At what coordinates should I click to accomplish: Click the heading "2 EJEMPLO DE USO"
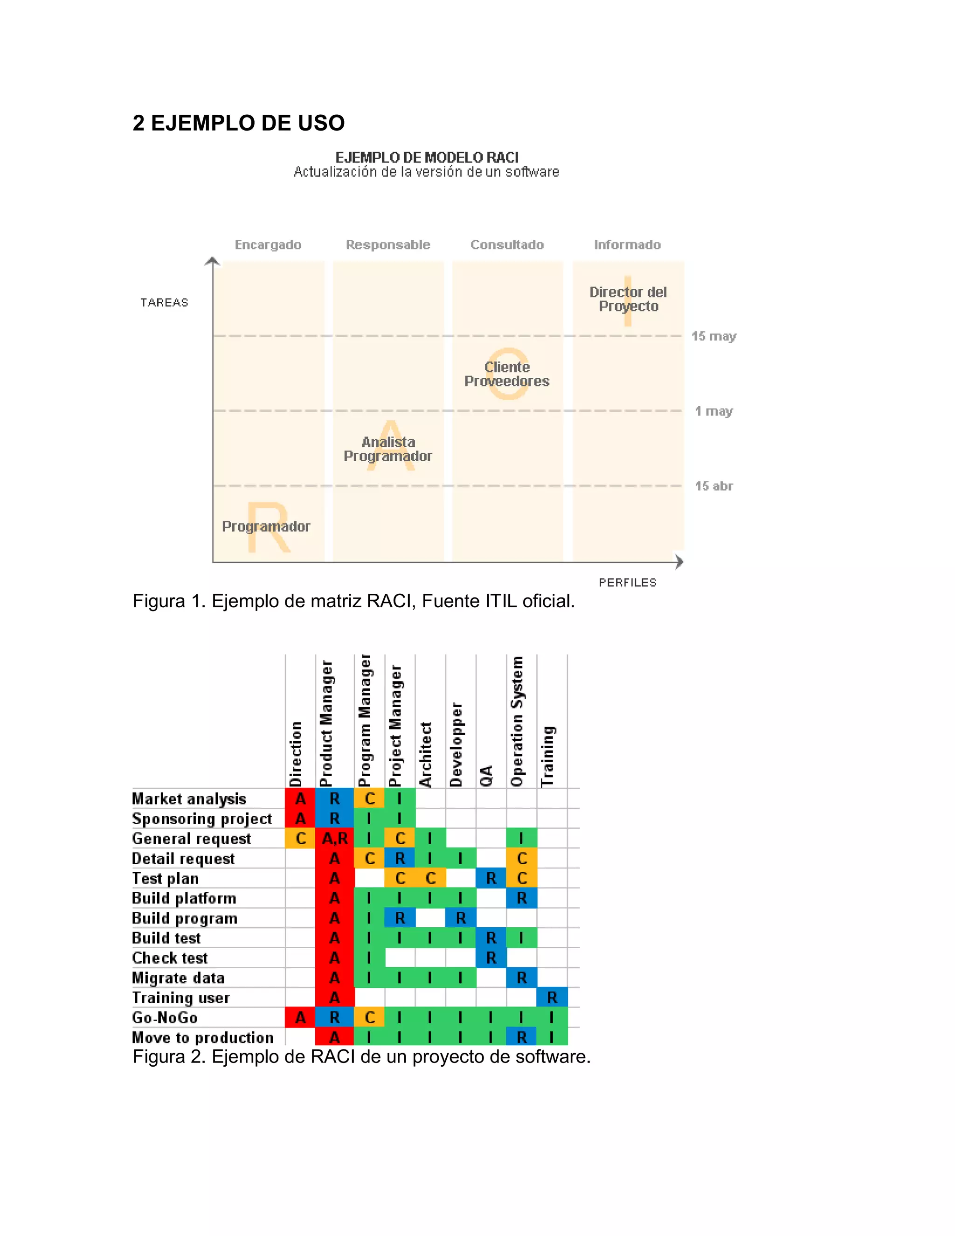238,123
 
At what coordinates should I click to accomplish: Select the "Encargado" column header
268,244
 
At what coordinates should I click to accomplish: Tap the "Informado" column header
627,244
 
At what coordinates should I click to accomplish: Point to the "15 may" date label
713,336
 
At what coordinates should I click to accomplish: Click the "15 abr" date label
713,486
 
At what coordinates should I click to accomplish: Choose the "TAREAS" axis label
164,303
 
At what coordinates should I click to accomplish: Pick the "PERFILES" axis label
628,583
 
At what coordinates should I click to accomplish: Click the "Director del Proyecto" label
628,299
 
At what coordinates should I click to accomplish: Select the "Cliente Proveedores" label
507,374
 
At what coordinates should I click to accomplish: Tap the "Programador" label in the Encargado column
266,526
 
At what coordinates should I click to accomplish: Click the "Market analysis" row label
189,799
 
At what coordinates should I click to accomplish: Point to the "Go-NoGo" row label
165,1018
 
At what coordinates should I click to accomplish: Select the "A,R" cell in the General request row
334,838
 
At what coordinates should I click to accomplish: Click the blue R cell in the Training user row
552,998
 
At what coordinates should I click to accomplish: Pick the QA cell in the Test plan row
491,878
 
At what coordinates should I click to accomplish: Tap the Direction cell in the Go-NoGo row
300,1018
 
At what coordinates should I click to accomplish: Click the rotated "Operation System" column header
517,721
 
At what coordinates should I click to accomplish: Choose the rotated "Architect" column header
425,754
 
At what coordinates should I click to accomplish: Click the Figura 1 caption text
353,601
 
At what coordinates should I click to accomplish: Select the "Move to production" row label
202,1037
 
